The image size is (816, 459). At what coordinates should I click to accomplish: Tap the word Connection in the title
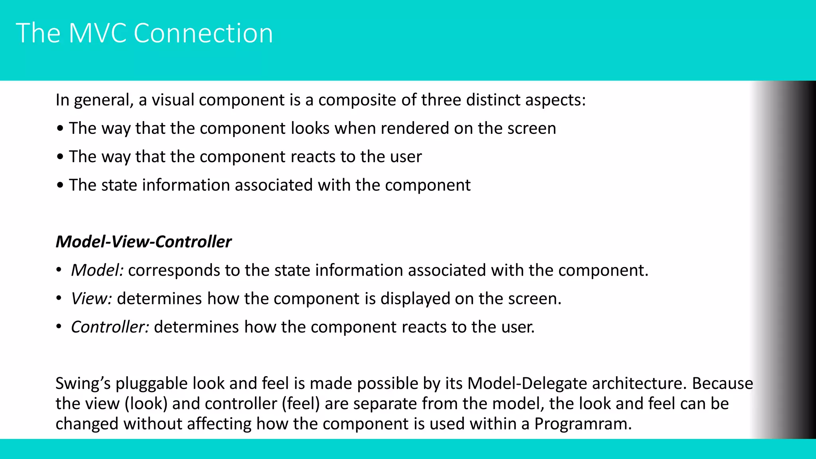pyautogui.click(x=203, y=33)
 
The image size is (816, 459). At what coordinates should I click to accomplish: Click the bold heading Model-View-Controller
pyautogui.click(x=143, y=242)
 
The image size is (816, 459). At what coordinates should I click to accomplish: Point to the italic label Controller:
pyautogui.click(x=110, y=327)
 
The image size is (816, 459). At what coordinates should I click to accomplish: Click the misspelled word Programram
pyautogui.click(x=582, y=424)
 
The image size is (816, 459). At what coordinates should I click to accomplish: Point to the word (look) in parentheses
pyautogui.click(x=146, y=404)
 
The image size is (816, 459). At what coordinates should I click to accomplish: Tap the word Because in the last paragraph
pyautogui.click(x=722, y=384)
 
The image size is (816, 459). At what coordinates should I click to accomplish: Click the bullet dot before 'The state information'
pyautogui.click(x=60, y=185)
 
